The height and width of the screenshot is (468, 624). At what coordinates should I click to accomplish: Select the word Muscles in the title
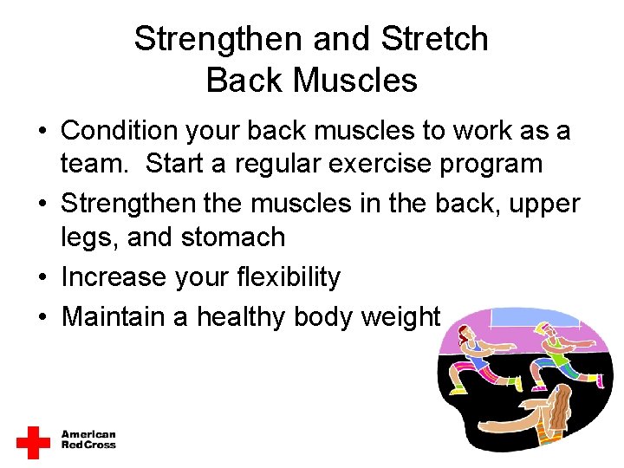(355, 81)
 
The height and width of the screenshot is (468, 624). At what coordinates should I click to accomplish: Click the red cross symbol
(33, 441)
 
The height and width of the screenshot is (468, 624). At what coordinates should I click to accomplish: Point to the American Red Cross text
(88, 440)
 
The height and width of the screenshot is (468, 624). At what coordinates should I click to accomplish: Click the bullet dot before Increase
(42, 278)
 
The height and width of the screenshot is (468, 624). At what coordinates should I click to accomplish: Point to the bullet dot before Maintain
(42, 318)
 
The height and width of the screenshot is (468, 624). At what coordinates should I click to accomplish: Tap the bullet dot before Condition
(42, 132)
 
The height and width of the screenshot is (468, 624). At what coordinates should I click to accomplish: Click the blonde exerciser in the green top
(555, 347)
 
